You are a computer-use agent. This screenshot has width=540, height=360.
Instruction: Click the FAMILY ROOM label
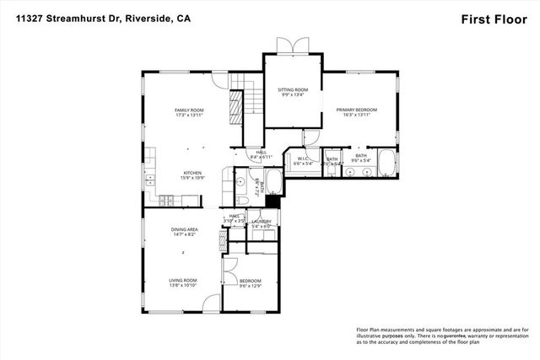188,110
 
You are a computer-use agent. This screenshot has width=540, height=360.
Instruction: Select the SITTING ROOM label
293,89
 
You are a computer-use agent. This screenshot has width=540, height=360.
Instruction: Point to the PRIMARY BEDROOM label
355,110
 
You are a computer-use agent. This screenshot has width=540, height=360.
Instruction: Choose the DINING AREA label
185,229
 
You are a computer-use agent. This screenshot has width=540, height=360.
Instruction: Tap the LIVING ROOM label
185,281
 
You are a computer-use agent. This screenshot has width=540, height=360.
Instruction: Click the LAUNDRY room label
261,221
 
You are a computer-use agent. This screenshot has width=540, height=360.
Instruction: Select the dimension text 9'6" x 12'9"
250,287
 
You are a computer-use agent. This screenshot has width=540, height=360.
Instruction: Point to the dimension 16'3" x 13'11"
355,116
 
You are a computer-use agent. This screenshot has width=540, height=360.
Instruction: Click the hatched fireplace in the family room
236,106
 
